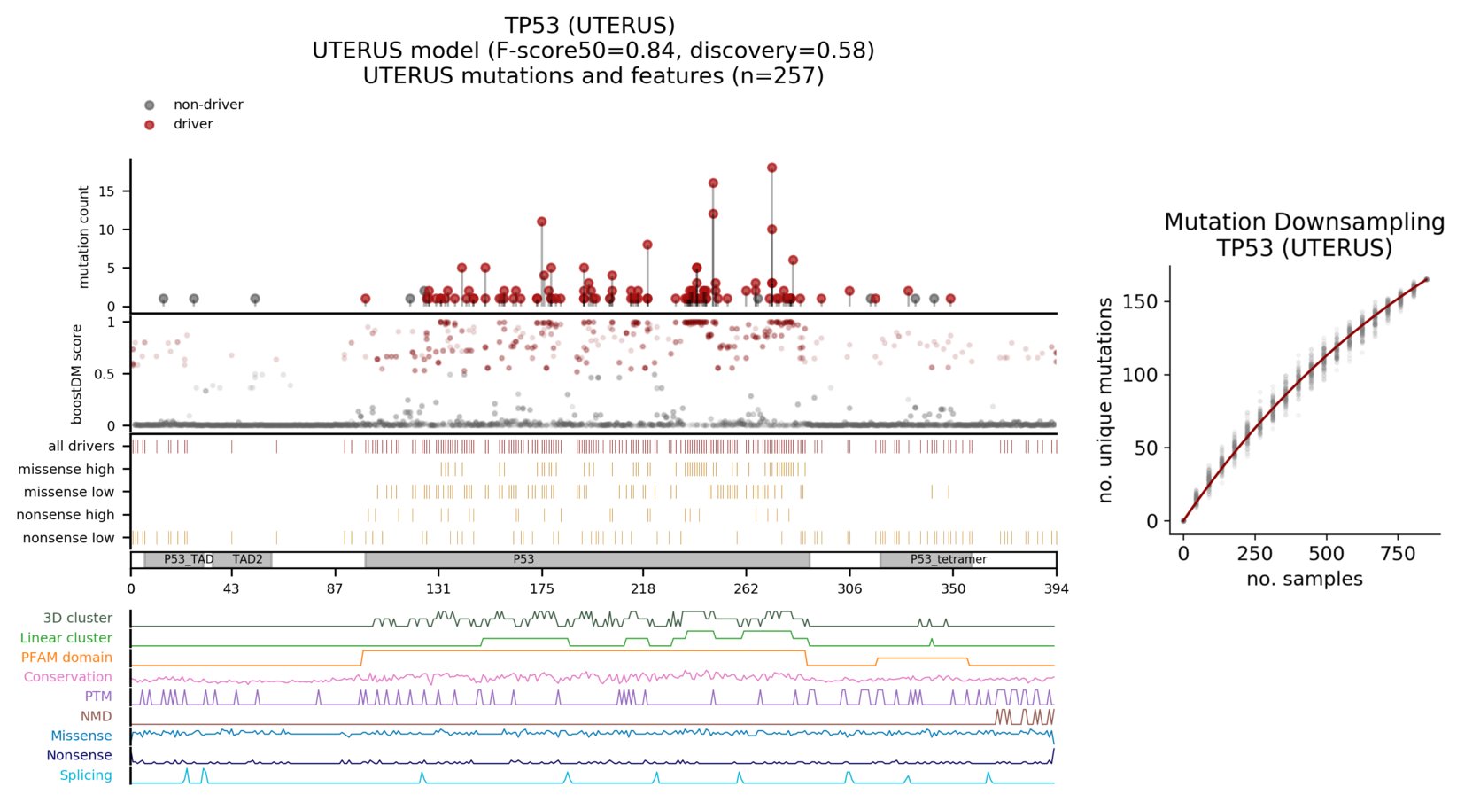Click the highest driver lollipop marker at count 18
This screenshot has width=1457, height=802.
[771, 167]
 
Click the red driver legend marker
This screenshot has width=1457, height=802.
[150, 125]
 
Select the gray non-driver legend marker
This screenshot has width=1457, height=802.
[150, 105]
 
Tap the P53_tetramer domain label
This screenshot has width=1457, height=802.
[948, 559]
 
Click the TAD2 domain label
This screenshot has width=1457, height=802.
[247, 559]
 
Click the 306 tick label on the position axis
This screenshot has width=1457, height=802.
[849, 588]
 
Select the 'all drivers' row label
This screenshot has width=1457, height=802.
[81, 446]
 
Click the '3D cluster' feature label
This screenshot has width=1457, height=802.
[77, 619]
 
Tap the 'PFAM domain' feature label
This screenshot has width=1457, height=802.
[66, 658]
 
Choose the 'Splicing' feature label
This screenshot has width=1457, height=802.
[86, 775]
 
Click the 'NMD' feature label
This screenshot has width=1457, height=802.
[96, 716]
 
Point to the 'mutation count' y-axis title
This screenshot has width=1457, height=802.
[84, 237]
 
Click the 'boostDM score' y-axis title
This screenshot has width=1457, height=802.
[77, 374]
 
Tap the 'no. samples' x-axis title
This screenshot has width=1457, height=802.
[1304, 579]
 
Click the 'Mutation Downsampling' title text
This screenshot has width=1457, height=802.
[1304, 222]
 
